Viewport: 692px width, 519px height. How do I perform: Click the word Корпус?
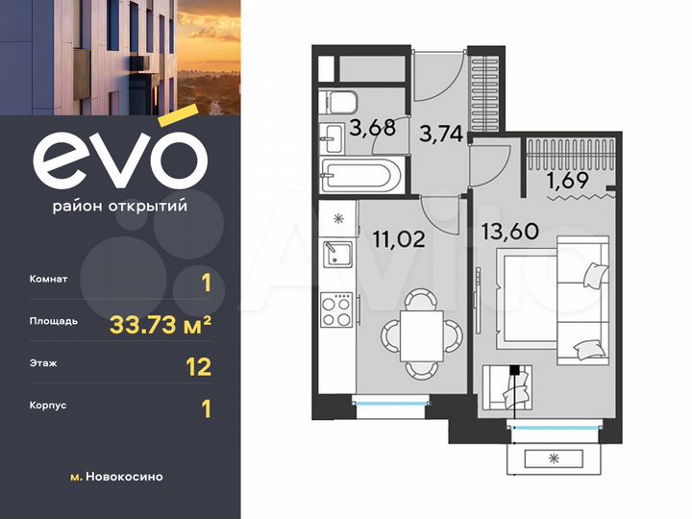point(50,406)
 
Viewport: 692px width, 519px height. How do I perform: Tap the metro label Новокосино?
point(124,477)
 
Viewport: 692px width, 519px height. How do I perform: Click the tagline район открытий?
point(119,206)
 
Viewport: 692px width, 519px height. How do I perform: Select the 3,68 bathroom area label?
point(371,128)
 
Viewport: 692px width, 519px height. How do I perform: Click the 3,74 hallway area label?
point(443,135)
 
